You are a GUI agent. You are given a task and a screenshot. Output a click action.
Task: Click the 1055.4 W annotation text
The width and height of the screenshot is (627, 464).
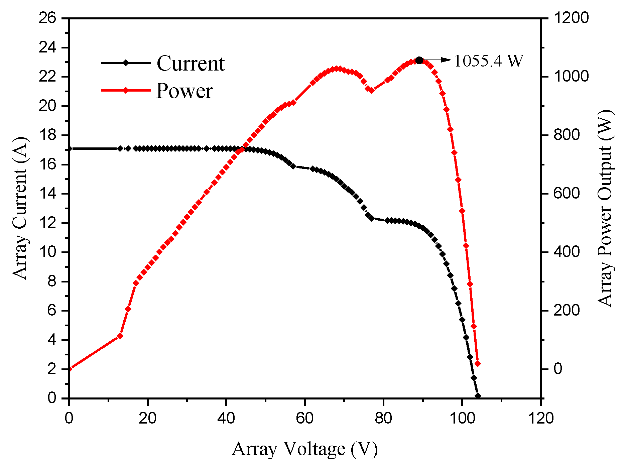(488, 61)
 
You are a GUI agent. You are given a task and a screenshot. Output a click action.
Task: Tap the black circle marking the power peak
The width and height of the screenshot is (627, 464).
(419, 61)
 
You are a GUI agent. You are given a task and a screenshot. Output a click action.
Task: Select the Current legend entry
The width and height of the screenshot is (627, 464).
(191, 63)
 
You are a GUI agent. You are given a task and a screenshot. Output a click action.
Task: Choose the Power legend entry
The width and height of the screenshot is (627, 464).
(184, 91)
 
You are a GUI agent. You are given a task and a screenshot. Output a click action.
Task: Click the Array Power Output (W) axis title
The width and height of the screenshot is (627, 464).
(605, 208)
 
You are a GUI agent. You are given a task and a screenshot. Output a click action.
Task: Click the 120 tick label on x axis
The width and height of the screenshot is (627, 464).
(540, 418)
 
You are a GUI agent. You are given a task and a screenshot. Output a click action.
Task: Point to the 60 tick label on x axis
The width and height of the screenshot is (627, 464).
(304, 418)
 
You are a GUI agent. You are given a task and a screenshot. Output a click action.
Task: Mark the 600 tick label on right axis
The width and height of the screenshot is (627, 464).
(566, 194)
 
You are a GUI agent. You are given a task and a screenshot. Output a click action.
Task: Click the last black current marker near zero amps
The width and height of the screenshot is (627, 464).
(478, 396)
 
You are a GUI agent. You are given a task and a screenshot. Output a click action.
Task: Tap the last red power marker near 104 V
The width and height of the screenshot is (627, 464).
(478, 364)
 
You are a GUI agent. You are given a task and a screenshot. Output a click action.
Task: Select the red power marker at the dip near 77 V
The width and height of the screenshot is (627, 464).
(371, 90)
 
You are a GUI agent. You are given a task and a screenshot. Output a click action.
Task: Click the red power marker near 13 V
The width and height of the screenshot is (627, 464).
(120, 336)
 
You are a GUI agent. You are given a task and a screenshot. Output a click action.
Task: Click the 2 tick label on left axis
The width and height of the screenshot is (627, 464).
(52, 369)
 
